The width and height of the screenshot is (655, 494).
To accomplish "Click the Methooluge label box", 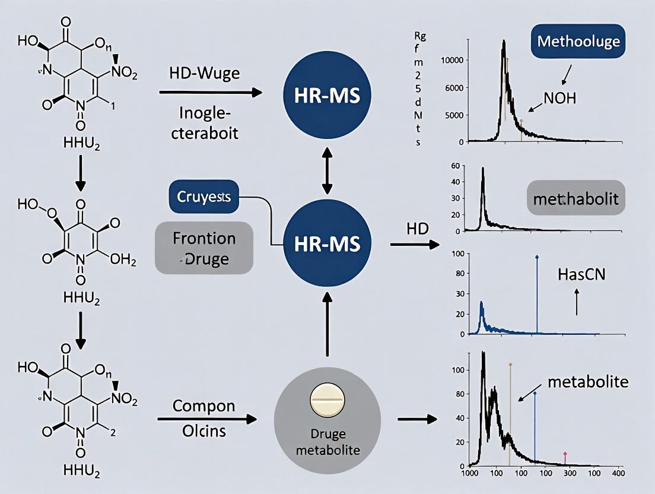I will (x=578, y=42).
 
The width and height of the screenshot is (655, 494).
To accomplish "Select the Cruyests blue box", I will (x=204, y=197).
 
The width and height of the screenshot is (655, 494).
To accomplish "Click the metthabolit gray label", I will (x=575, y=197).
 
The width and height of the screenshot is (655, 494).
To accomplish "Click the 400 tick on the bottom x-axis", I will (x=617, y=473).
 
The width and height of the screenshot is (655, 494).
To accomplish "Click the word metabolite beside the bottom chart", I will (x=587, y=382).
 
